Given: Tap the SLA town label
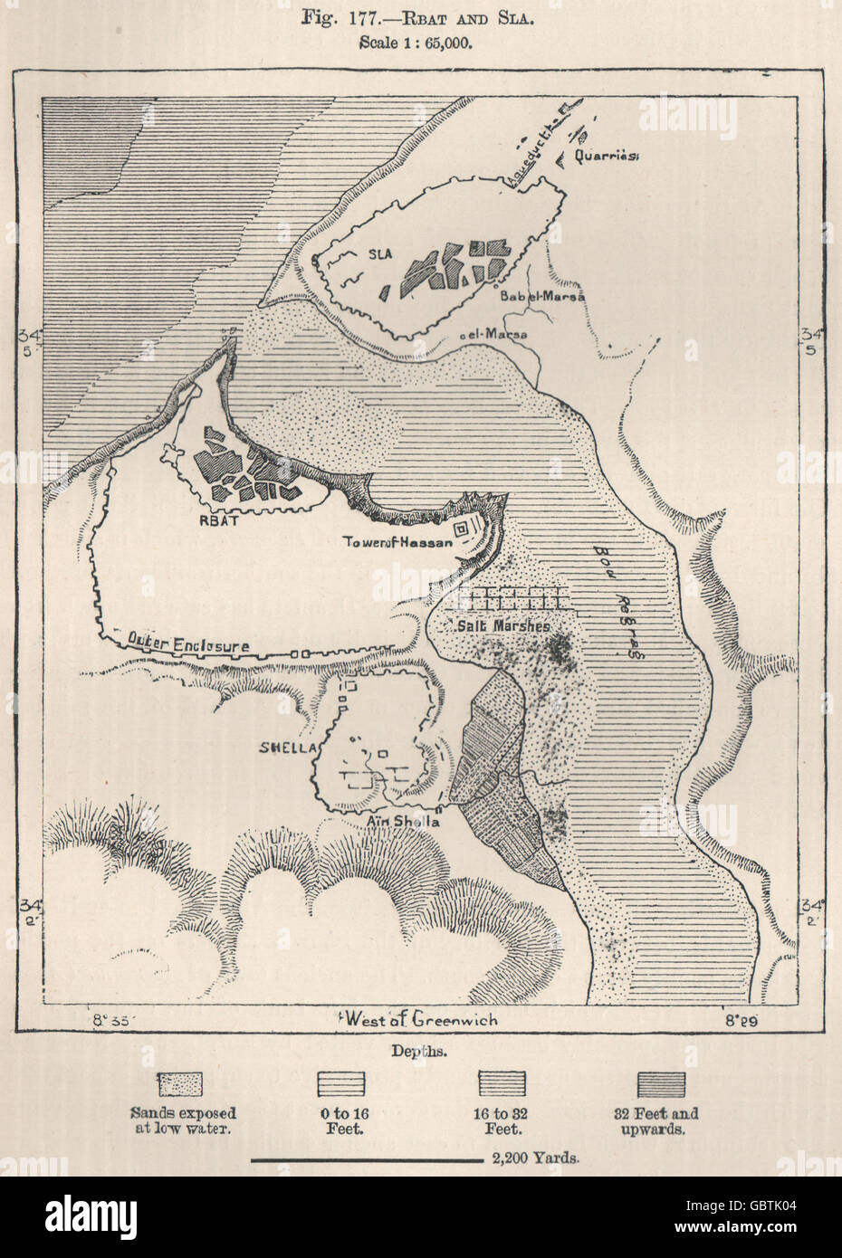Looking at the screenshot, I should click(x=379, y=254).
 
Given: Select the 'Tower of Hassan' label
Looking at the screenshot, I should click(x=396, y=541).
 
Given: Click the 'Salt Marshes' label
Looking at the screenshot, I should click(x=493, y=625).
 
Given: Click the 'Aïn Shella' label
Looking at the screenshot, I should click(x=405, y=822).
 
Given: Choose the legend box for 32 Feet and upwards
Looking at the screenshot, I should click(x=661, y=1084).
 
